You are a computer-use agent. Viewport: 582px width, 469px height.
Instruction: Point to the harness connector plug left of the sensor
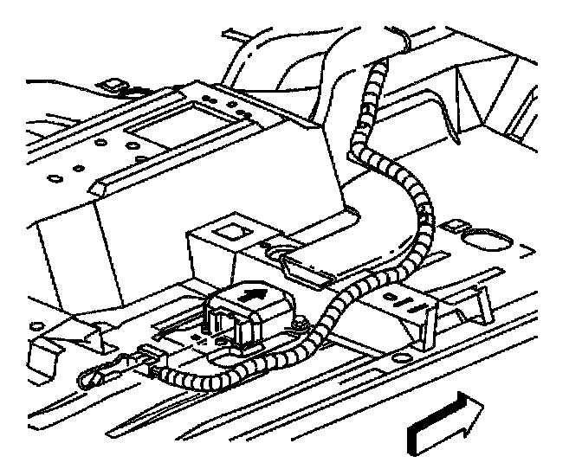(x=152, y=356)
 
